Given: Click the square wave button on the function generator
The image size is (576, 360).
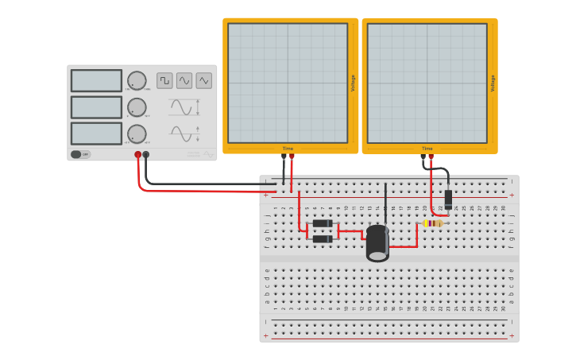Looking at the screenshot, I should tap(164, 80).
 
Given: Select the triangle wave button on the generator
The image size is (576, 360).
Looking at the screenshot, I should tap(204, 80).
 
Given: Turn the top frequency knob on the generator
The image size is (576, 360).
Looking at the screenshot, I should tap(137, 80).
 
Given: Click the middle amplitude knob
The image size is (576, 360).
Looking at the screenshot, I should tap(137, 107).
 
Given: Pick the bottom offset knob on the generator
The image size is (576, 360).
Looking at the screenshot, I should tap(137, 134).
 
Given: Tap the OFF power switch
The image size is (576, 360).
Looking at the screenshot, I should tap(80, 154).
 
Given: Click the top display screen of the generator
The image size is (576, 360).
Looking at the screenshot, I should tap(96, 81).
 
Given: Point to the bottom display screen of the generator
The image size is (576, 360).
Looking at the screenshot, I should tap(96, 134).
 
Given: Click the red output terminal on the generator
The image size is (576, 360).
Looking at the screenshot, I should tap(137, 155).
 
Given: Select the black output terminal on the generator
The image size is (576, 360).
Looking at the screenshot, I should tap(146, 155).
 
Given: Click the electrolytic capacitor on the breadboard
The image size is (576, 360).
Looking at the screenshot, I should tap(377, 242).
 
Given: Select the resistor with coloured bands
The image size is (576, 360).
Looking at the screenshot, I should tap(432, 223).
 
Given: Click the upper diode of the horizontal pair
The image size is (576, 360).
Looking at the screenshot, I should tap(323, 223).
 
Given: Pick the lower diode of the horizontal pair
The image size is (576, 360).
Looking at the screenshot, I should tap(323, 238).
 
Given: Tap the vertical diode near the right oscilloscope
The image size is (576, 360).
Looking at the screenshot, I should tap(448, 199).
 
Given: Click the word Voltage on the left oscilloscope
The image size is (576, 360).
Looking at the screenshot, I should tap(353, 83).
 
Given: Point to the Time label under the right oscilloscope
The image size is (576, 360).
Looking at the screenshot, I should tap(427, 149).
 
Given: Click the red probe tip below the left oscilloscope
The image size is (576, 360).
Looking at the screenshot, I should tap(292, 157).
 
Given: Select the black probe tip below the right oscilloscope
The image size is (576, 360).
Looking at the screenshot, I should tap(423, 157).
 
